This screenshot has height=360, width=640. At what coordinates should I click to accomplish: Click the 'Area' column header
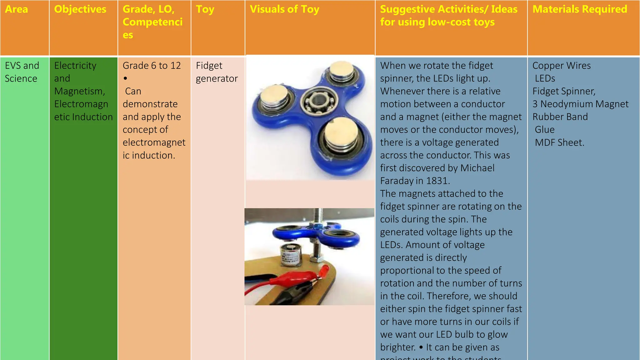(x=17, y=9)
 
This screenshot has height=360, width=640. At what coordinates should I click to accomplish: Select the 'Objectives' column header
(x=80, y=9)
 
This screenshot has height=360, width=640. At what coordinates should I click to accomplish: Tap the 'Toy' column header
(x=205, y=9)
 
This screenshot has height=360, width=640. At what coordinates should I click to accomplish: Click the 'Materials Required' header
(x=580, y=9)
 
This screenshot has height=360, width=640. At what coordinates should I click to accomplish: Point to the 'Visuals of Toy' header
(x=284, y=9)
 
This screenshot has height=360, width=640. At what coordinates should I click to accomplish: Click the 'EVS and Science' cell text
(x=22, y=72)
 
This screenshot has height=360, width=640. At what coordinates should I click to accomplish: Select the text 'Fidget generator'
(x=217, y=72)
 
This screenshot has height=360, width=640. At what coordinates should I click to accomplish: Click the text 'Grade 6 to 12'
(x=152, y=66)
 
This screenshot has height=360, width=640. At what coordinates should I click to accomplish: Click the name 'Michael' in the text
(x=477, y=168)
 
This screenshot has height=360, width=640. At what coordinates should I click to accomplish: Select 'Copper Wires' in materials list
(x=562, y=66)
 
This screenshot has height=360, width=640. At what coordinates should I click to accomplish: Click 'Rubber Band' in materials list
(x=560, y=117)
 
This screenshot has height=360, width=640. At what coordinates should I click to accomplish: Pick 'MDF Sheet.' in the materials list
(x=559, y=142)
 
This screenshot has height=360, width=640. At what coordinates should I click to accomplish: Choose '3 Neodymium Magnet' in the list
(x=580, y=104)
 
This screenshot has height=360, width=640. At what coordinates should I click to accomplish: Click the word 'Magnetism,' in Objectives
(x=80, y=91)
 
